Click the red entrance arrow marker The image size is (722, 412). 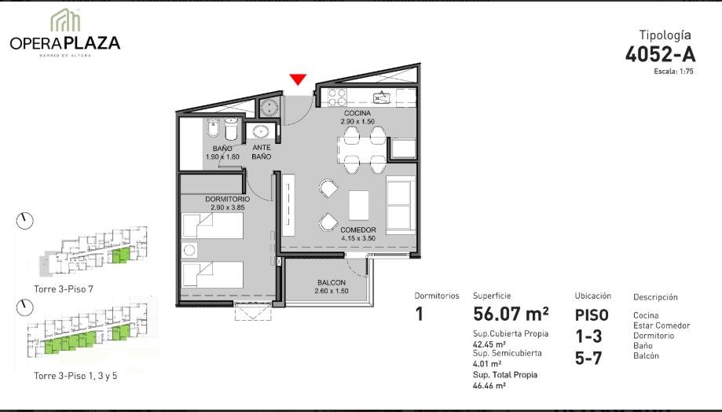click(298, 79)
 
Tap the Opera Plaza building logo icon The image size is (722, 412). click(65, 20)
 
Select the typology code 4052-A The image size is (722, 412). click(660, 54)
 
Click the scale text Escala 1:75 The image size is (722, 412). click(673, 72)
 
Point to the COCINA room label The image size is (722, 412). click(357, 113)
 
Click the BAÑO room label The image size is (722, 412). click(222, 149)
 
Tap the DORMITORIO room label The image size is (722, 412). click(228, 199)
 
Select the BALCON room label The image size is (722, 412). click(331, 282)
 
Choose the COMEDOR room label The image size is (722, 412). click(357, 230)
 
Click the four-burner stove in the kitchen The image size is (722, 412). click(336, 97)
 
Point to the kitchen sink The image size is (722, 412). click(382, 97)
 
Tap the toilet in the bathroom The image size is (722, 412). click(231, 129)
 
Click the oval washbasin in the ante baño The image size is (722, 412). click(261, 132)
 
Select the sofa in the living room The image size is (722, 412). click(400, 205)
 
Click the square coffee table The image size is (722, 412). click(359, 205)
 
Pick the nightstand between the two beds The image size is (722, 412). click(189, 250)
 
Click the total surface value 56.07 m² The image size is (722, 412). click(511, 314)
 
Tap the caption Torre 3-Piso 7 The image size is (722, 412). click(64, 289)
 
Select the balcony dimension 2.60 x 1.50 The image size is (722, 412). click(331, 291)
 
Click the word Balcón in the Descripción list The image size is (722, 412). click(646, 355)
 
